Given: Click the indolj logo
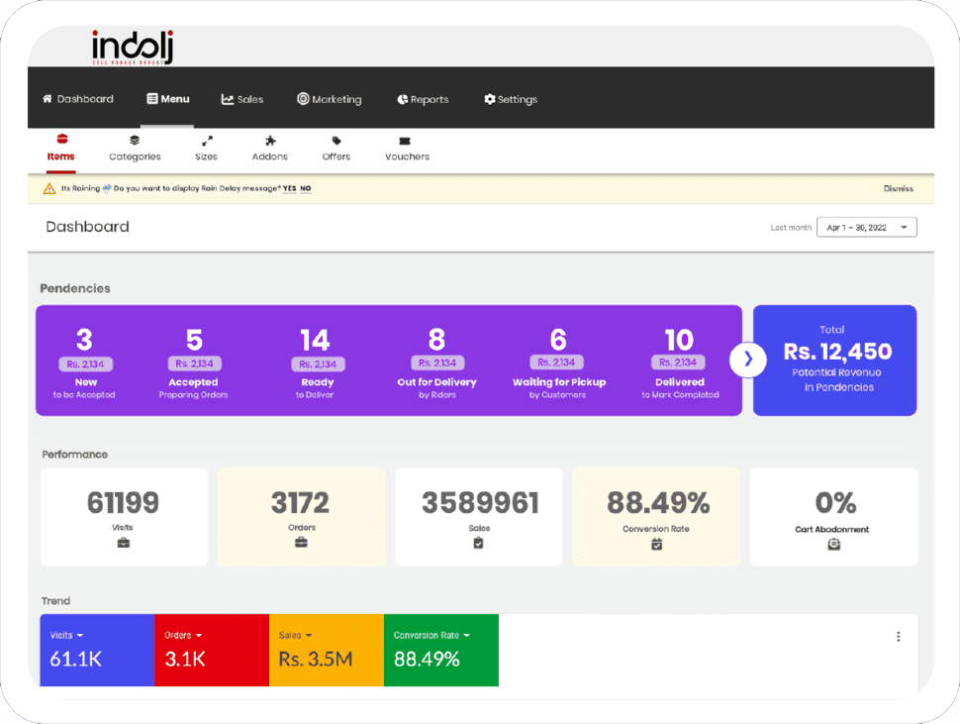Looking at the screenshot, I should pyautogui.click(x=133, y=47).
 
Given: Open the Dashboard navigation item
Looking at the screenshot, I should pyautogui.click(x=78, y=99).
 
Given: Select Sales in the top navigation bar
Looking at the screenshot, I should pyautogui.click(x=242, y=99).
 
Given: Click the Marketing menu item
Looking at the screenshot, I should pyautogui.click(x=330, y=99).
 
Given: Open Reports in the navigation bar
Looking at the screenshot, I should pyautogui.click(x=423, y=99).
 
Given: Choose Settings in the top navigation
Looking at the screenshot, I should pyautogui.click(x=511, y=99).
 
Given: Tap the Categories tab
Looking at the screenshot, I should pyautogui.click(x=135, y=149).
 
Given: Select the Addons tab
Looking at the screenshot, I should pyautogui.click(x=270, y=149).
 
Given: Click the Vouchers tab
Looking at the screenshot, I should pyautogui.click(x=407, y=149).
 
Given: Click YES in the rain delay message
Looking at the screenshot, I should pyautogui.click(x=289, y=188).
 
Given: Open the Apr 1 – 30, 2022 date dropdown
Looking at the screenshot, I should pyautogui.click(x=866, y=227).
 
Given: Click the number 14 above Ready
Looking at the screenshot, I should pyautogui.click(x=315, y=341).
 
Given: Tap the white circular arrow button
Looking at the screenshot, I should pyautogui.click(x=748, y=360).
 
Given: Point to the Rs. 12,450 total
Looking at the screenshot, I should pyautogui.click(x=837, y=352).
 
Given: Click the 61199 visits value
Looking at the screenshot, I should pyautogui.click(x=123, y=503).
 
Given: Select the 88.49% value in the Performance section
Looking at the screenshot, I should pyautogui.click(x=657, y=503).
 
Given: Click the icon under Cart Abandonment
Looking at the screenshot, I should pyautogui.click(x=833, y=544).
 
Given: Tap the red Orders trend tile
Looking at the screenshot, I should pyautogui.click(x=211, y=650).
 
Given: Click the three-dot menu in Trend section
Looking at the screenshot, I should pyautogui.click(x=898, y=637).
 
